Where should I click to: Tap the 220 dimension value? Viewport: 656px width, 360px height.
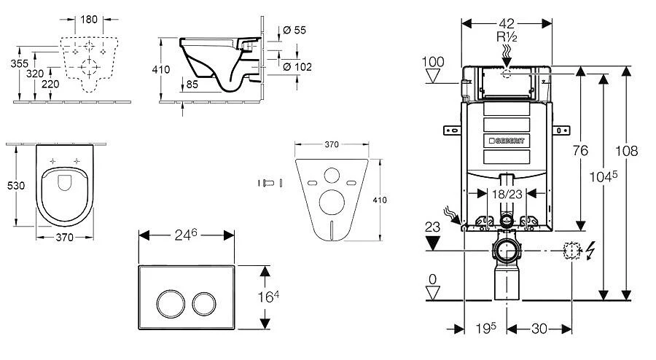[51, 85]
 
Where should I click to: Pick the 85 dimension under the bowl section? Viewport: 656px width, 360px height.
[192, 85]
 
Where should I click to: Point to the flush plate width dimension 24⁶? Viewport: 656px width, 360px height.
[186, 235]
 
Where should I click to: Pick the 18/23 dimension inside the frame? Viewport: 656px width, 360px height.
[506, 194]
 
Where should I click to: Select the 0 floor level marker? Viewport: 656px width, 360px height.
[433, 278]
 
